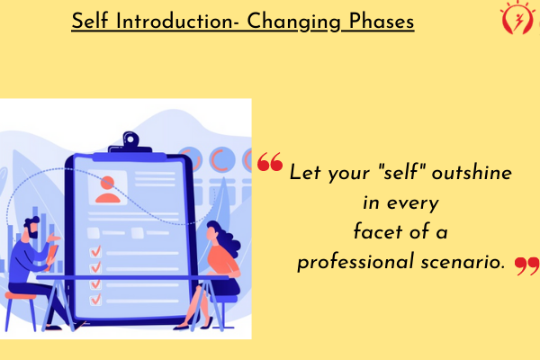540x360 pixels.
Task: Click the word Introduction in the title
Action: click(175, 22)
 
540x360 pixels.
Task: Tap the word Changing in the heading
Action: click(293, 22)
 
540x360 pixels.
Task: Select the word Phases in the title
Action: click(382, 22)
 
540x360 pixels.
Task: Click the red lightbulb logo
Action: click(517, 18)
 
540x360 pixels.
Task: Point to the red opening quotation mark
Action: click(270, 162)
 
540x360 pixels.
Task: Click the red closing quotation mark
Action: click(526, 266)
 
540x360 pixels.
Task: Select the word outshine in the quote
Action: click(472, 172)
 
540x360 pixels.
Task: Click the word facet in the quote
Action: click(378, 231)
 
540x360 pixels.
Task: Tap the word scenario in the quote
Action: click(463, 262)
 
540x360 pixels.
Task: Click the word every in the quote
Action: click(413, 203)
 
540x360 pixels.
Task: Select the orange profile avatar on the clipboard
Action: click(108, 190)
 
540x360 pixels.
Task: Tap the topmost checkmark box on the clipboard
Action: click(95, 252)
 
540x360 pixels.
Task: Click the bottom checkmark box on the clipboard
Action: click(95, 300)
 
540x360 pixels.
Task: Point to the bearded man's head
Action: click(31, 228)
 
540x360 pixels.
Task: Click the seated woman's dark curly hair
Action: click(227, 238)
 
